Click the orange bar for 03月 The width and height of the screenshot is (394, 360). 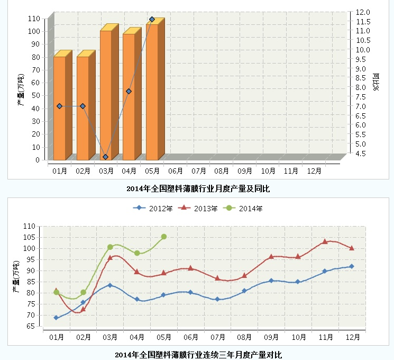106,95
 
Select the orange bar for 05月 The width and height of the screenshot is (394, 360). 152,93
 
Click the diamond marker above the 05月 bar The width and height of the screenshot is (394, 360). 152,20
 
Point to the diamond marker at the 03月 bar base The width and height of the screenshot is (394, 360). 106,157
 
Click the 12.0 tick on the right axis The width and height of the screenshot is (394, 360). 363,12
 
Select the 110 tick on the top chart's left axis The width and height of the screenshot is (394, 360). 34,19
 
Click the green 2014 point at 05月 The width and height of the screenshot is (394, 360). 164,237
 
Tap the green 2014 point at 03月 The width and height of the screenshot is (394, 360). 110,247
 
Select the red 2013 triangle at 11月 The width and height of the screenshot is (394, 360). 325,241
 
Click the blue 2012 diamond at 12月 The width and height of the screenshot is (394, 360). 351,266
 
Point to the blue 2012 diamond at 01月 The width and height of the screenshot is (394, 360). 57,318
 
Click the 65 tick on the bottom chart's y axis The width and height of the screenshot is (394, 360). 30,327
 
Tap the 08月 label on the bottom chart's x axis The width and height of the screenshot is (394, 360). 244,337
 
